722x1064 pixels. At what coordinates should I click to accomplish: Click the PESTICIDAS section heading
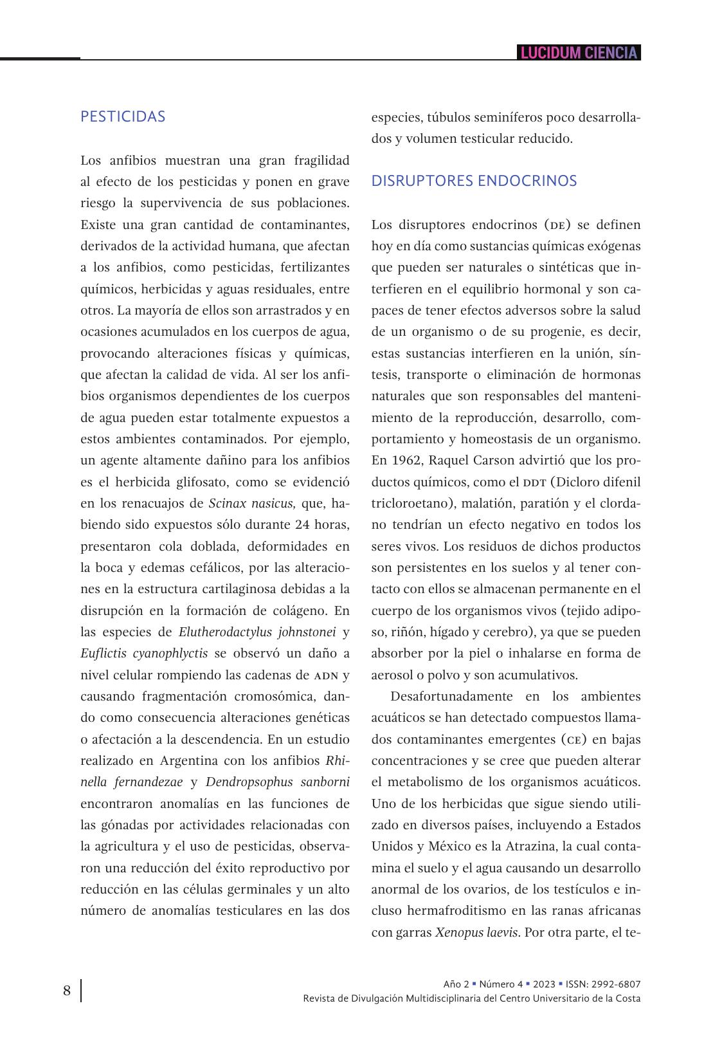(x=123, y=116)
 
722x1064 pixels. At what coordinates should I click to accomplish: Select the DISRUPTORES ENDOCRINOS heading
(x=474, y=181)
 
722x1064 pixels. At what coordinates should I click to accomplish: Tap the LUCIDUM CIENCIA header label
(x=579, y=53)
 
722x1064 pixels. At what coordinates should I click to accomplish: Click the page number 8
(x=67, y=991)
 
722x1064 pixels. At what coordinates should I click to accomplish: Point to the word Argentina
(x=189, y=760)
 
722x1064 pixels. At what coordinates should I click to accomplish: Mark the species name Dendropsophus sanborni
(x=278, y=782)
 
